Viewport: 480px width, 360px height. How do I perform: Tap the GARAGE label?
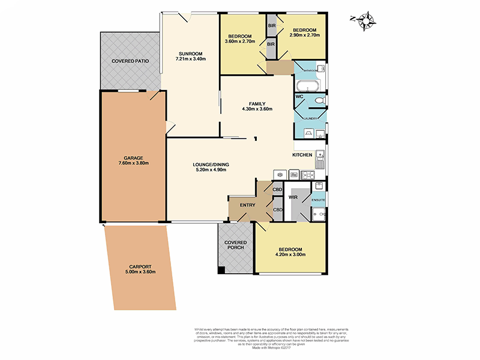tap(133, 157)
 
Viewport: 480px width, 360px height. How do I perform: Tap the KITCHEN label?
tap(302, 155)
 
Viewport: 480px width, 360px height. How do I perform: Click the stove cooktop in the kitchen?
tap(308, 175)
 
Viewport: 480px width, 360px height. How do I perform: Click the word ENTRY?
tap(248, 205)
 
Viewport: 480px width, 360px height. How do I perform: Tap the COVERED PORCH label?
tap(236, 245)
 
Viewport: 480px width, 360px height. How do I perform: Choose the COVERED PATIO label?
tap(130, 61)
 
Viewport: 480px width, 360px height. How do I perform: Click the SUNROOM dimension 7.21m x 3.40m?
tap(190, 59)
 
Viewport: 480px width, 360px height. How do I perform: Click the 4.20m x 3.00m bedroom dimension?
tap(290, 254)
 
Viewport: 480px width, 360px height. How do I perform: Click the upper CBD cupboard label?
tap(277, 190)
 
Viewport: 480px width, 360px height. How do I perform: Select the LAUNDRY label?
tap(310, 118)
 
